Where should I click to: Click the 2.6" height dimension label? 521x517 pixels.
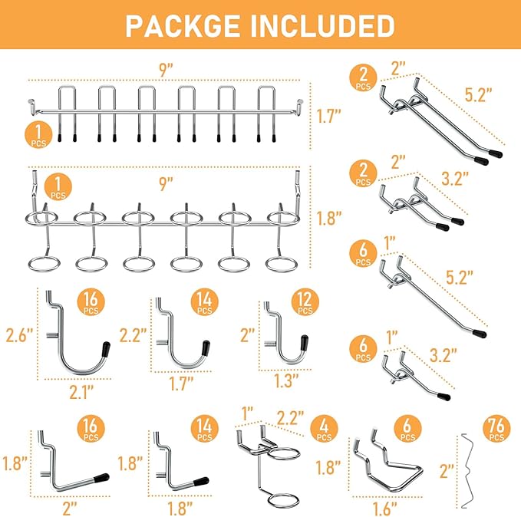point(18,335)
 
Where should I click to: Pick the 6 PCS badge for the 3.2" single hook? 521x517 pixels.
point(363,349)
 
